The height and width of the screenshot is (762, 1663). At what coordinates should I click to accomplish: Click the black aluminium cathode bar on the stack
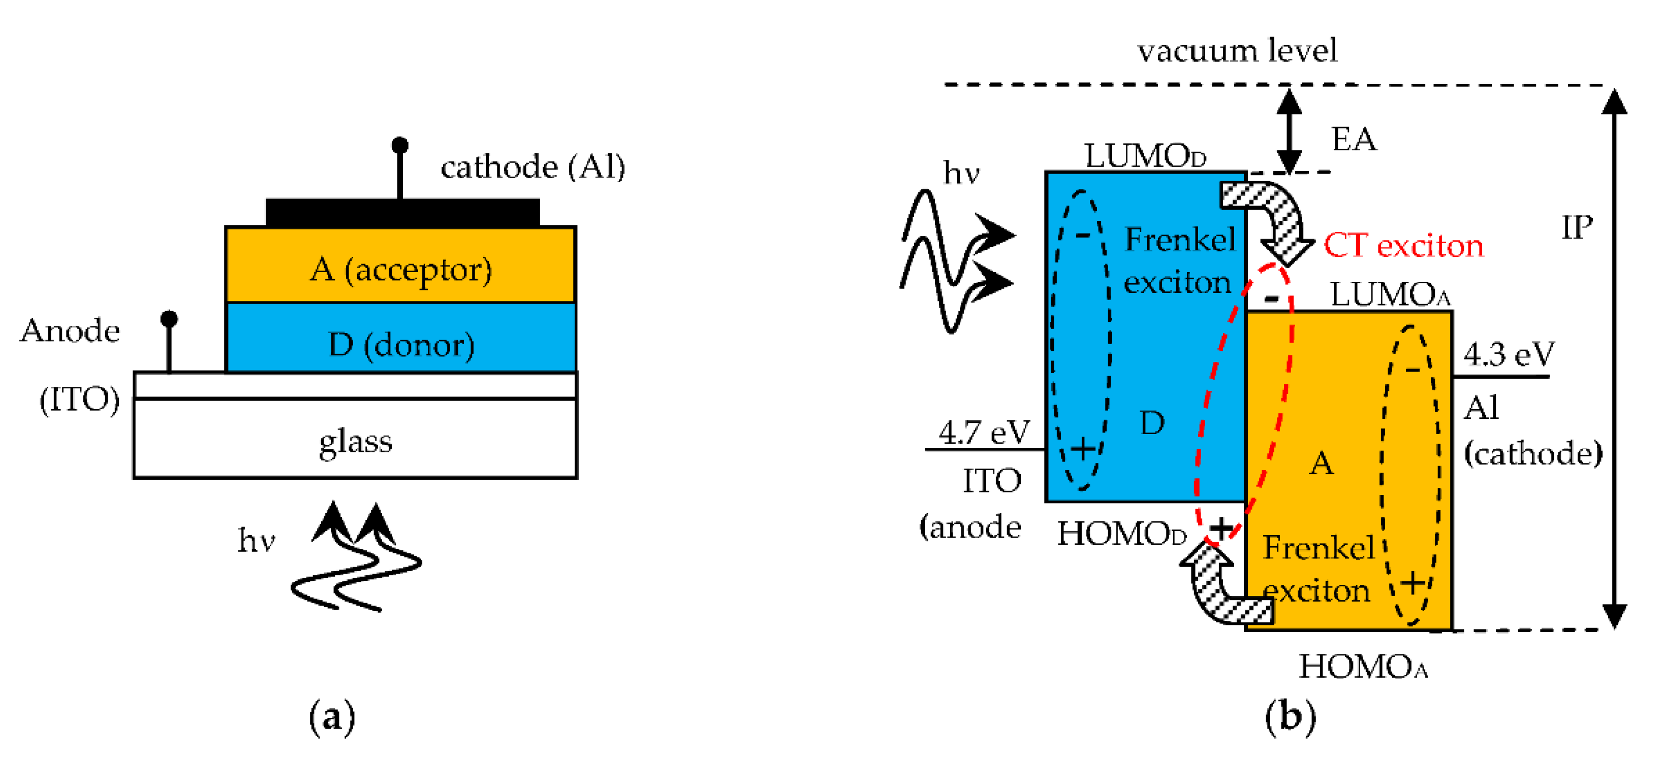pos(402,212)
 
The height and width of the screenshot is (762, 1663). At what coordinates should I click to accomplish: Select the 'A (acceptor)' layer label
pos(401,270)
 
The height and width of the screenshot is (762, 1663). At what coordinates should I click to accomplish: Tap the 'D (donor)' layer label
pos(401,345)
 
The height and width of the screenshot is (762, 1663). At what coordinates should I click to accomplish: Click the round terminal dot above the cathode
pos(399,145)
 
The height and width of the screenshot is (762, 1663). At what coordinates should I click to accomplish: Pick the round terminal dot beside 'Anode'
pos(169,319)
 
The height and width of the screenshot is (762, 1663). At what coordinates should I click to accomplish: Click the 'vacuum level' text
pos(1236,50)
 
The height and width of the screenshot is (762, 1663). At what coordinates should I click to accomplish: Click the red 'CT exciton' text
pos(1403,246)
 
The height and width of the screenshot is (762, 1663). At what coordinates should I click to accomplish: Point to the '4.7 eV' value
pos(983,433)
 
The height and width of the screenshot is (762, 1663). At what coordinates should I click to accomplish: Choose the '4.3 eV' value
pos(1508,354)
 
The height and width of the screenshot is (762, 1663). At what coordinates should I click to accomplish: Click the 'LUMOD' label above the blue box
pos(1145,155)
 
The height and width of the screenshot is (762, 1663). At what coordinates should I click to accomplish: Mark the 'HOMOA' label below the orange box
pos(1363,667)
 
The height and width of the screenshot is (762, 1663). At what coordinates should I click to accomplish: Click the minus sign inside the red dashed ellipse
pos(1270,298)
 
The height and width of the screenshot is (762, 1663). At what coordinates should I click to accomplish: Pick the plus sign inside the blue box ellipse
pos(1083,448)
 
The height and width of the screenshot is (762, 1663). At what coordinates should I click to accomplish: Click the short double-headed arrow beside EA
pos(1289,131)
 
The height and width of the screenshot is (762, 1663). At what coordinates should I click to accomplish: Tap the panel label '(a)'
pos(332,717)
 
